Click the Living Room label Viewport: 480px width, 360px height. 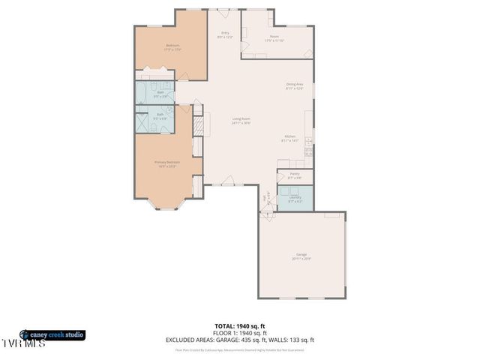(240, 121)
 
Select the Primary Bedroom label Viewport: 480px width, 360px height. (166, 164)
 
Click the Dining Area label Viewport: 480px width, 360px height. (294, 86)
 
